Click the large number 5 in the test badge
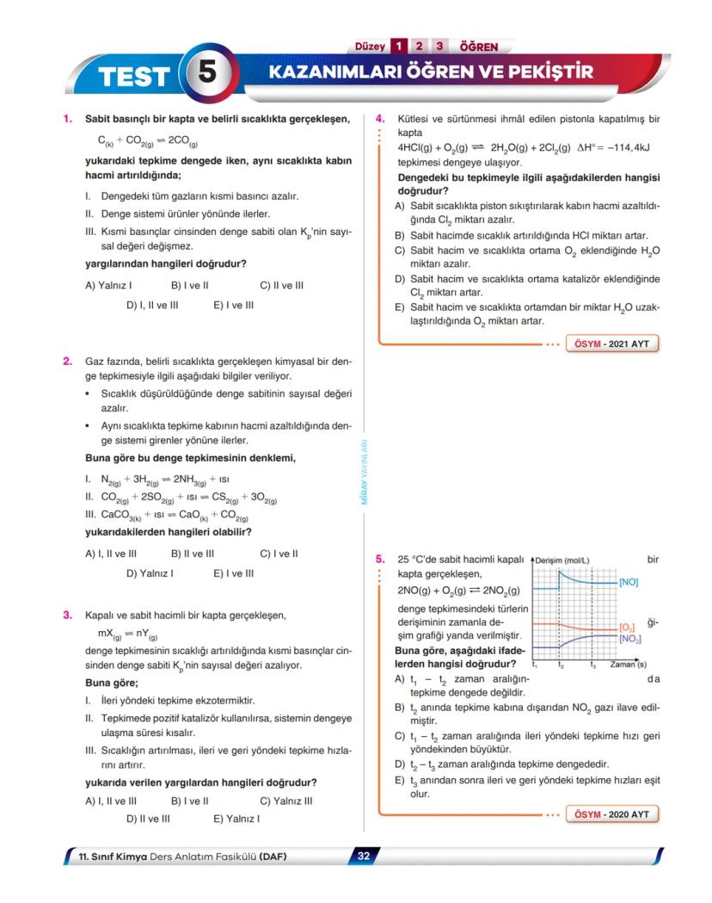207,73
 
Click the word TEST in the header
133,77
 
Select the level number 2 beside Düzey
419,46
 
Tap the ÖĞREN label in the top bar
479,46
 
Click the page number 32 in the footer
363,856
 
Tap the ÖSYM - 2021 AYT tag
611,344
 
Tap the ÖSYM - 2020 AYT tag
611,813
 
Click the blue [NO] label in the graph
628,583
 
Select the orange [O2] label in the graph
628,628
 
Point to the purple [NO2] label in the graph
629,639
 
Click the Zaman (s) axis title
628,665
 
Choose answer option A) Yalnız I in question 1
108,285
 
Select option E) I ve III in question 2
233,572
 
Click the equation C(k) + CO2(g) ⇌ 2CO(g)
147,141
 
